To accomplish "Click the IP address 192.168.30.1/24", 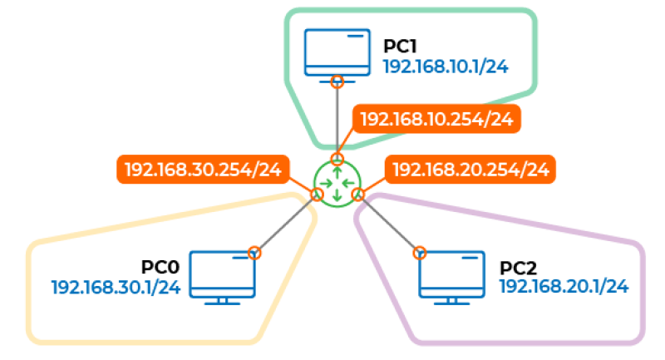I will [x=116, y=288].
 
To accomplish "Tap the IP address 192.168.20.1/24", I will [x=564, y=287].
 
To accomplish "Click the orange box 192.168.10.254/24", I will [x=436, y=119].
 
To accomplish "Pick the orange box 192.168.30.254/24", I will [x=202, y=170].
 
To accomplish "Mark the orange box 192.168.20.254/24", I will [x=470, y=170].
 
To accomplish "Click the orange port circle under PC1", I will [x=337, y=81].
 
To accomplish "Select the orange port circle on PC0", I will [x=255, y=252].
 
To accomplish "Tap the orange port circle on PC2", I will [x=420, y=252].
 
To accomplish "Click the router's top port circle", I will [x=337, y=158].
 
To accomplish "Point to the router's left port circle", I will [x=316, y=195].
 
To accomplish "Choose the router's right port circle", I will [x=358, y=195].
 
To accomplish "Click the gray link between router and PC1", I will [x=337, y=121].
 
